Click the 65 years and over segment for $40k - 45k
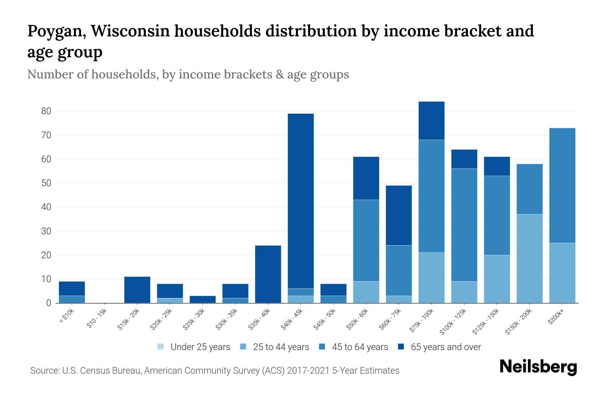[301, 201]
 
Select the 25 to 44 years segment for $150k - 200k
[530, 259]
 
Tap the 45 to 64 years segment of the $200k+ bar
[562, 186]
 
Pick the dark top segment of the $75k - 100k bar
[431, 121]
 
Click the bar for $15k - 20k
[137, 290]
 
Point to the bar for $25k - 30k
[203, 299]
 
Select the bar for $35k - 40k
[268, 274]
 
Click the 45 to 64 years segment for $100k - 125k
[464, 225]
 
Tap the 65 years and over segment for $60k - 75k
[399, 215]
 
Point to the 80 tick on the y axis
[46, 111]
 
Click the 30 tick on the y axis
[46, 231]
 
